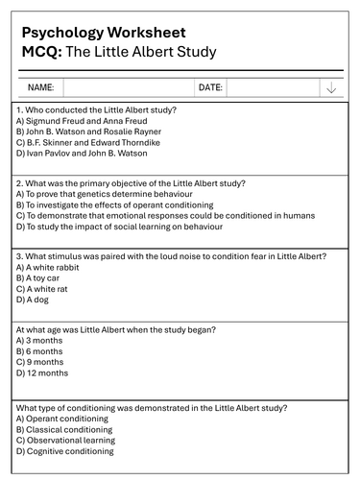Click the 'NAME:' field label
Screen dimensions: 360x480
pyautogui.click(x=40, y=87)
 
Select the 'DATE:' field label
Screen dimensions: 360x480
pyautogui.click(x=209, y=87)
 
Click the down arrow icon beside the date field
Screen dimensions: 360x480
pyautogui.click(x=331, y=87)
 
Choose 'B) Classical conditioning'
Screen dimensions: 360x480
pyautogui.click(x=63, y=429)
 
